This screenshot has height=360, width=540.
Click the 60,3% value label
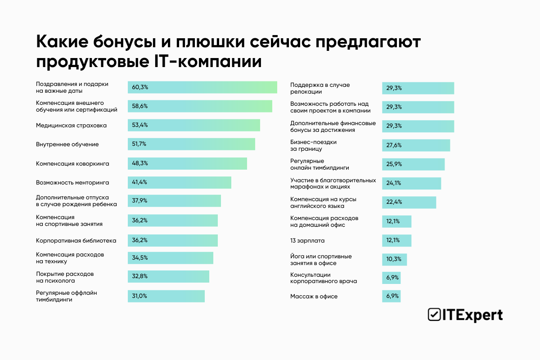[139, 87]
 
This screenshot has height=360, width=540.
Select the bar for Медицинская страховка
[193, 125]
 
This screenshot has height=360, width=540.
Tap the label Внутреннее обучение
[67, 144]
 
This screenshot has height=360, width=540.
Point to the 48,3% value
[139, 163]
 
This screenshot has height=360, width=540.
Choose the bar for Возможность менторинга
[179, 182]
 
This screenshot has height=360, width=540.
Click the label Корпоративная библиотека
[76, 240]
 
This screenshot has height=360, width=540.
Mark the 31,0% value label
[139, 296]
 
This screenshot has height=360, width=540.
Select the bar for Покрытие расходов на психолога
[168, 276]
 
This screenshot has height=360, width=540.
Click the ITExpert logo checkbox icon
[434, 315]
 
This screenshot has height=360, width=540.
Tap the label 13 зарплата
[307, 240]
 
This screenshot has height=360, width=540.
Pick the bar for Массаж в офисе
[391, 296]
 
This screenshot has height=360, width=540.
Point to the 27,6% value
[394, 145]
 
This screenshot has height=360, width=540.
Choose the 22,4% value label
[394, 202]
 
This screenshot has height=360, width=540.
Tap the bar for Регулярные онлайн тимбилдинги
[413, 164]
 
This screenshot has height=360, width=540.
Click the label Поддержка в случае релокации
[320, 88]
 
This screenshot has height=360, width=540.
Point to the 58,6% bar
[200, 106]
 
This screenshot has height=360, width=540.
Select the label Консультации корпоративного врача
[324, 278]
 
